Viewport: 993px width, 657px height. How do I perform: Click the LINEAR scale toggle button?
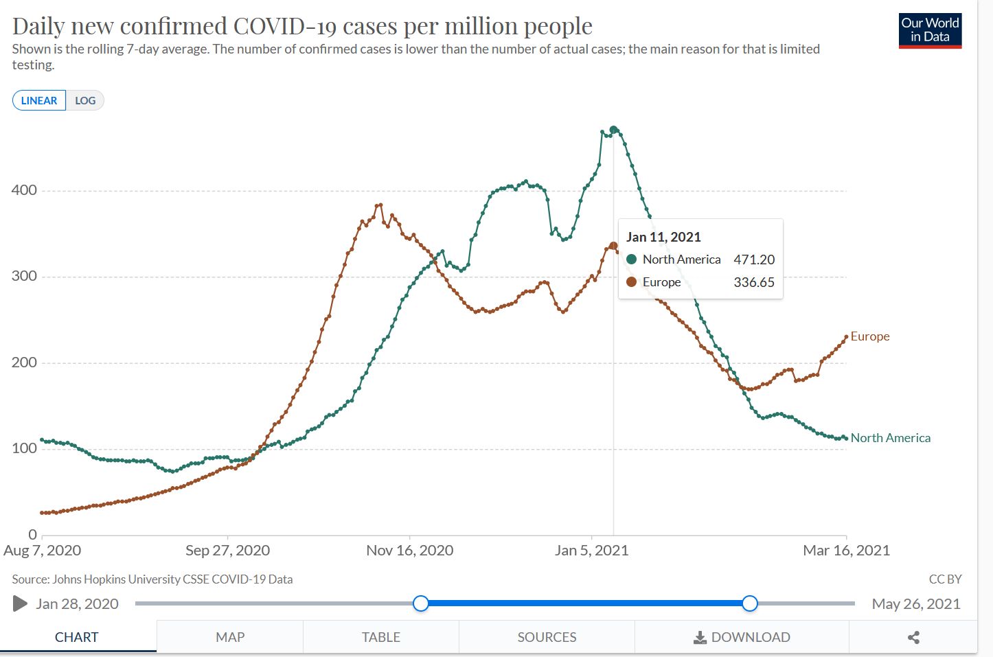39,100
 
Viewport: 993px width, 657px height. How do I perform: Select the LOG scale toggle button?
85,100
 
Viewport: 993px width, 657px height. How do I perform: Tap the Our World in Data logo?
930,30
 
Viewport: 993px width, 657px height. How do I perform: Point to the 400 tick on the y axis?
24,190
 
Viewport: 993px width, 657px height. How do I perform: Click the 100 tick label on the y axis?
24,448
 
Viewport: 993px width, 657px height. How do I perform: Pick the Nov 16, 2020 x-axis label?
409,550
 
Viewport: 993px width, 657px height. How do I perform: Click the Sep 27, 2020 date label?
227,550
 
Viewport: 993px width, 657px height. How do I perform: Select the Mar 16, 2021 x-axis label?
846,550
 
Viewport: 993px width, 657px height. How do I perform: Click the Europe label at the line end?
870,336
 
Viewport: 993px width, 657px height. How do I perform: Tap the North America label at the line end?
891,438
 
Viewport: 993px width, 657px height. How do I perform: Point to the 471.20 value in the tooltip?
753,260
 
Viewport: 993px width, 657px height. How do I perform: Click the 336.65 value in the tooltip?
753,282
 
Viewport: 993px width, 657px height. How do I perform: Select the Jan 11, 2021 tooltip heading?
663,237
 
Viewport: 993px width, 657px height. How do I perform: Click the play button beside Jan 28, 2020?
20,603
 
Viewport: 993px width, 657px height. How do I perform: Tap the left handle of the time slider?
421,603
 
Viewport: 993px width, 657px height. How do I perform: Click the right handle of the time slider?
750,603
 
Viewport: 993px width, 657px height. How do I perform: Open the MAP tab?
230,637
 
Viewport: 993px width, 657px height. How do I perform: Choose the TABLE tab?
381,637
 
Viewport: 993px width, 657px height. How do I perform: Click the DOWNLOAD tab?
742,637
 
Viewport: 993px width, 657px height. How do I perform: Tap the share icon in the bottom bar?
913,637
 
